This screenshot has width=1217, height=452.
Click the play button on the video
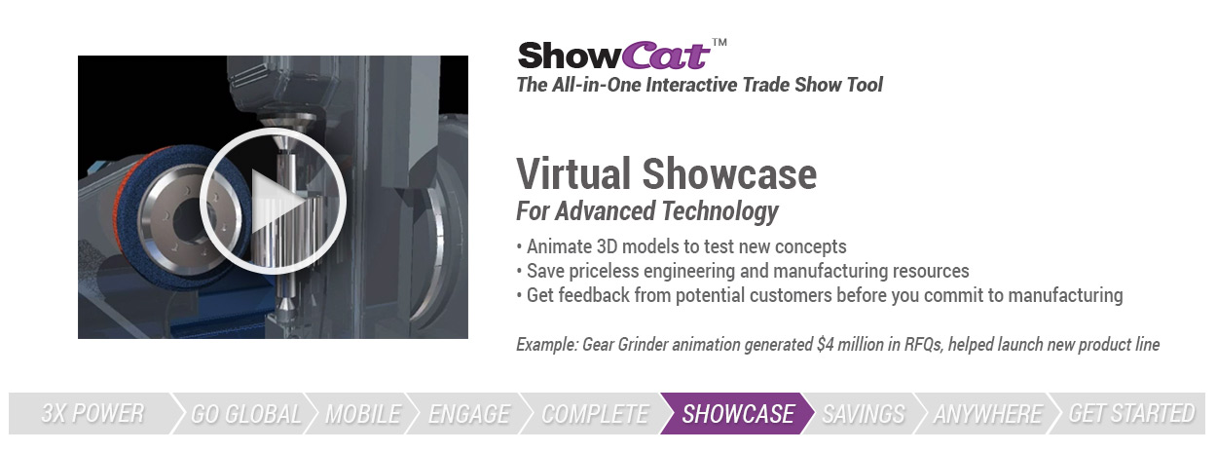point(273,201)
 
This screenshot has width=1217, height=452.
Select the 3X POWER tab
point(92,413)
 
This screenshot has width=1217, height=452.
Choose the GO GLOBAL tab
point(245,413)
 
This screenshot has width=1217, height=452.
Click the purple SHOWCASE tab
point(738,413)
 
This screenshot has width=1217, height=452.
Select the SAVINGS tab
point(864,413)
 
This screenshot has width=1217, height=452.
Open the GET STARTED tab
point(1131,413)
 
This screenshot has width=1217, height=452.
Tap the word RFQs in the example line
point(923,344)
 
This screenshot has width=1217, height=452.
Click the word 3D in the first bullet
point(607,246)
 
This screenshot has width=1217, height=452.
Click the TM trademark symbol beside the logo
point(719,42)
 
